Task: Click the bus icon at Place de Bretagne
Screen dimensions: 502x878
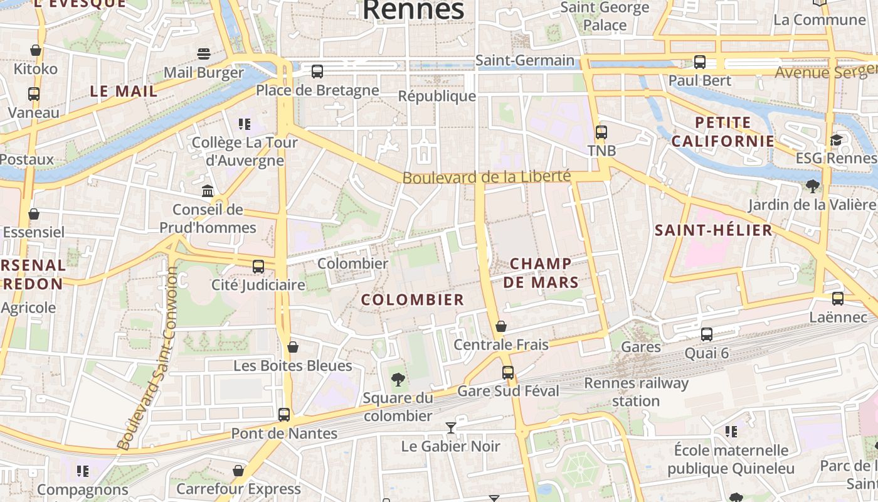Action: click(x=317, y=72)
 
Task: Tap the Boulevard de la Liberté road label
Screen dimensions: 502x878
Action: click(x=487, y=178)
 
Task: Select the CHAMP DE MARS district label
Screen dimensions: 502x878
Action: click(x=541, y=273)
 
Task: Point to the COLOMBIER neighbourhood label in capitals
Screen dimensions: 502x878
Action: click(x=413, y=300)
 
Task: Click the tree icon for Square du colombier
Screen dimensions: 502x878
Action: click(x=398, y=379)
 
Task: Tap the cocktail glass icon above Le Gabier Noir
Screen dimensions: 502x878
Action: click(x=450, y=428)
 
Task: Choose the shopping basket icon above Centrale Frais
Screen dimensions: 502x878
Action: click(x=500, y=326)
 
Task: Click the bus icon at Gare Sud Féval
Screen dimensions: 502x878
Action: click(x=508, y=373)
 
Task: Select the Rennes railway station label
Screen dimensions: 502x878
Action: click(x=636, y=392)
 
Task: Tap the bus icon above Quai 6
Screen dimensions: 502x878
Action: click(x=707, y=334)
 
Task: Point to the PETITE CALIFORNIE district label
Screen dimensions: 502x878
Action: click(x=722, y=132)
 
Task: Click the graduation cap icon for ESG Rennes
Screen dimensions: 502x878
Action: click(x=836, y=139)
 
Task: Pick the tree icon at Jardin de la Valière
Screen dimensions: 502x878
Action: click(x=813, y=186)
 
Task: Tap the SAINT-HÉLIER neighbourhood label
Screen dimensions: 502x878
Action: click(x=714, y=230)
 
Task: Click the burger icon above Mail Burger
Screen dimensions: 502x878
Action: click(x=203, y=54)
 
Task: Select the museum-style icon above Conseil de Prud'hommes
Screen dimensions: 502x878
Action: click(x=208, y=191)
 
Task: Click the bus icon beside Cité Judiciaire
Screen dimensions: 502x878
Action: click(x=258, y=267)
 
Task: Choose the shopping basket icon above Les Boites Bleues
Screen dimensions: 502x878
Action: click(x=292, y=347)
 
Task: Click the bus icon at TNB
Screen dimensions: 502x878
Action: click(x=601, y=132)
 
